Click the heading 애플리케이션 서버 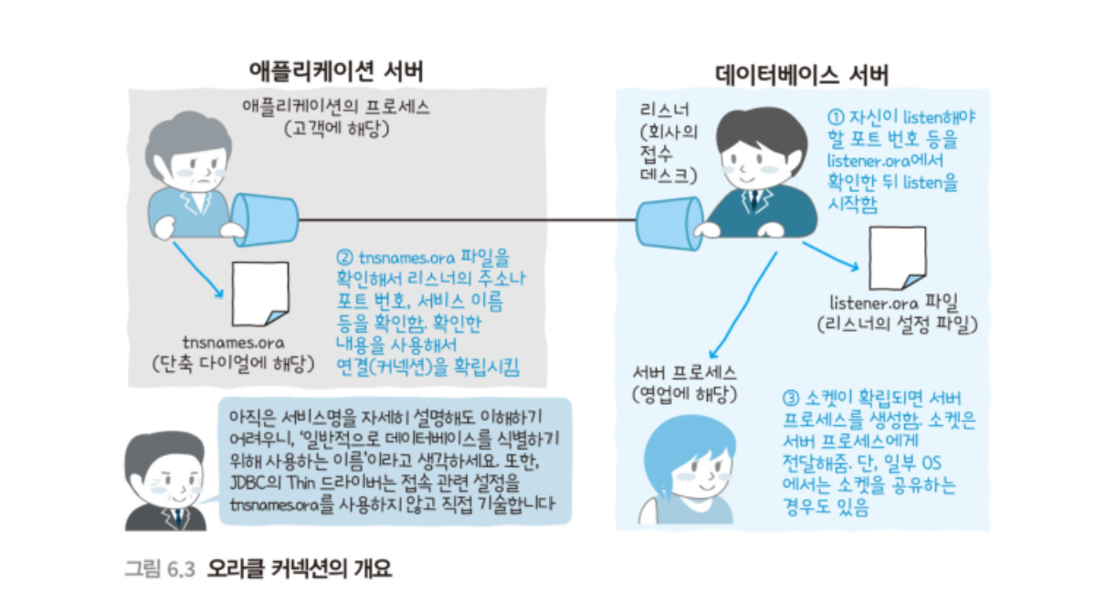click(336, 71)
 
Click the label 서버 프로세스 click(683, 373)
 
